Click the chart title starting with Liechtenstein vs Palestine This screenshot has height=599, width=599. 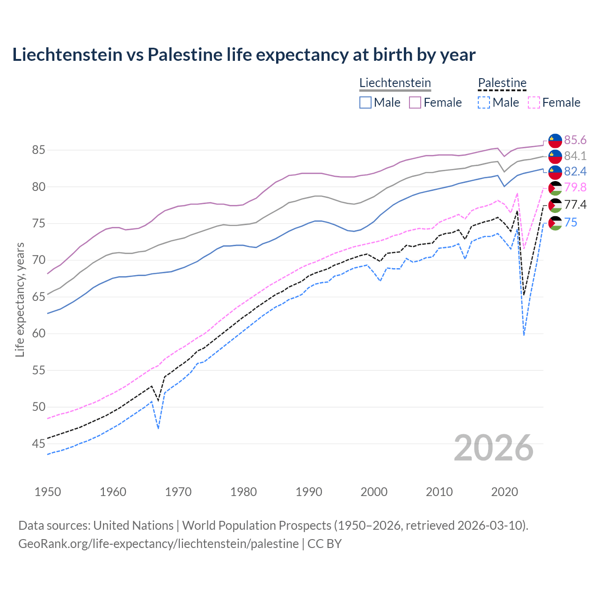tap(244, 55)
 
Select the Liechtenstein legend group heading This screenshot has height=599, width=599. tap(395, 83)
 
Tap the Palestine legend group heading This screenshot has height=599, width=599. tap(502, 83)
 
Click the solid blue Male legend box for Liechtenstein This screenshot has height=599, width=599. tap(365, 102)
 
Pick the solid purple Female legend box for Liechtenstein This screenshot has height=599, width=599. tap(415, 102)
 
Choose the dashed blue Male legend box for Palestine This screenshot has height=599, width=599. tap(484, 102)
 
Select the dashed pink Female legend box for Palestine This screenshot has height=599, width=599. tap(534, 102)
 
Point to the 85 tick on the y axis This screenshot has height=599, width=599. tap(38, 150)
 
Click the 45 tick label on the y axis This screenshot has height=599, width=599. tap(38, 444)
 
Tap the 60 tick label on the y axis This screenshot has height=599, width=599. tap(38, 334)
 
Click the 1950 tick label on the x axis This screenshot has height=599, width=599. tap(48, 492)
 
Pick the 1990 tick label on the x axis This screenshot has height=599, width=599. tap(309, 492)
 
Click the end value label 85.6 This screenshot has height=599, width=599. tap(575, 140)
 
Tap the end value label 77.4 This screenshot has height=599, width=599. tap(575, 205)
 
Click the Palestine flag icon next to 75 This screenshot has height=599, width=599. tap(555, 223)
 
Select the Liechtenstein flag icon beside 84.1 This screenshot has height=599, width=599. tap(555, 156)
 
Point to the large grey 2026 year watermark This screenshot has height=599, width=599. tap(494, 448)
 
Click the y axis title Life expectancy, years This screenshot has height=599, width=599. tap(20, 299)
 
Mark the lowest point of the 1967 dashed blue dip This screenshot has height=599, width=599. tap(158, 428)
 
